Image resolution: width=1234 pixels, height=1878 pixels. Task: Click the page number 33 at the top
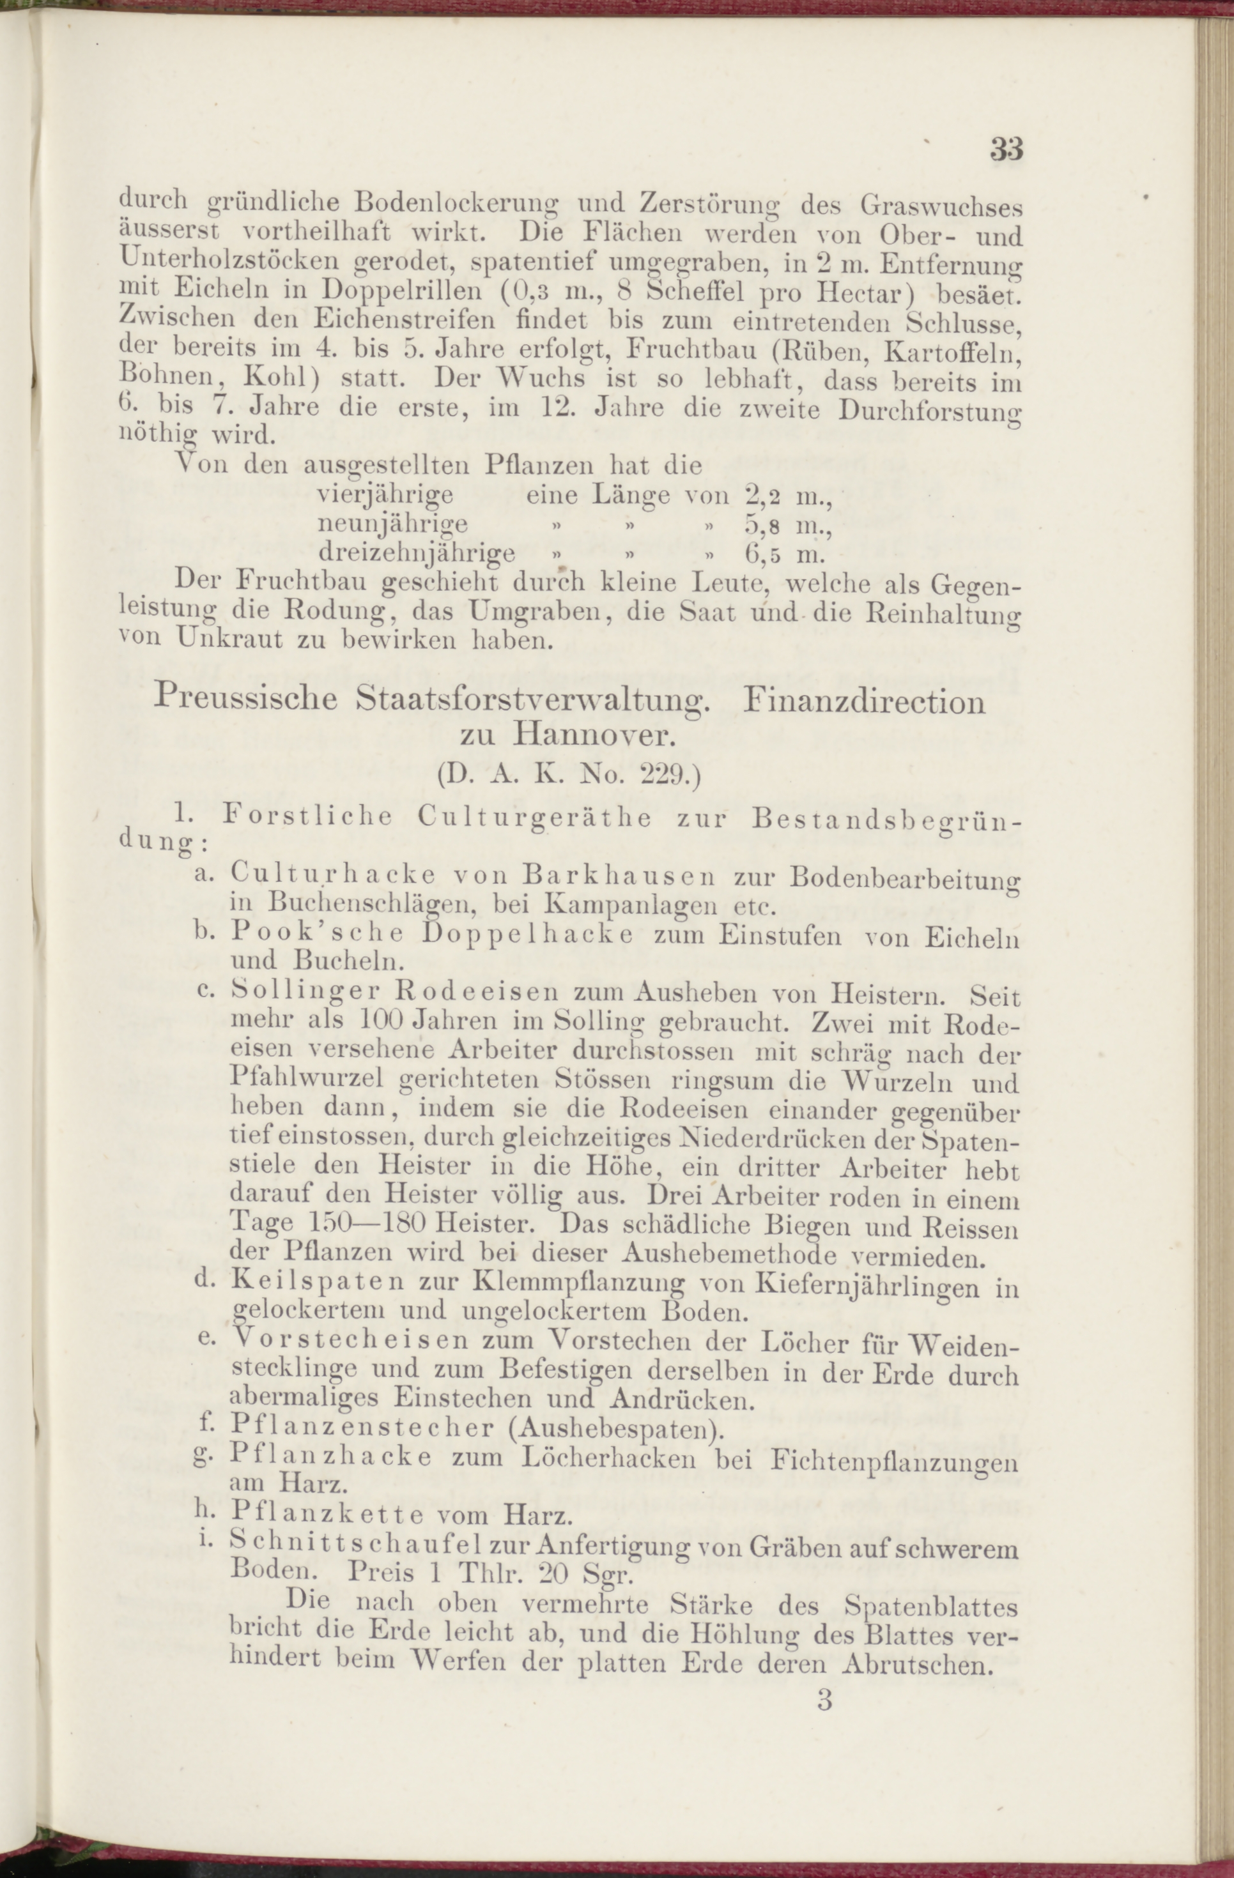coord(1006,148)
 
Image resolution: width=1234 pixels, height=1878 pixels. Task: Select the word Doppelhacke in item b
coord(527,935)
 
